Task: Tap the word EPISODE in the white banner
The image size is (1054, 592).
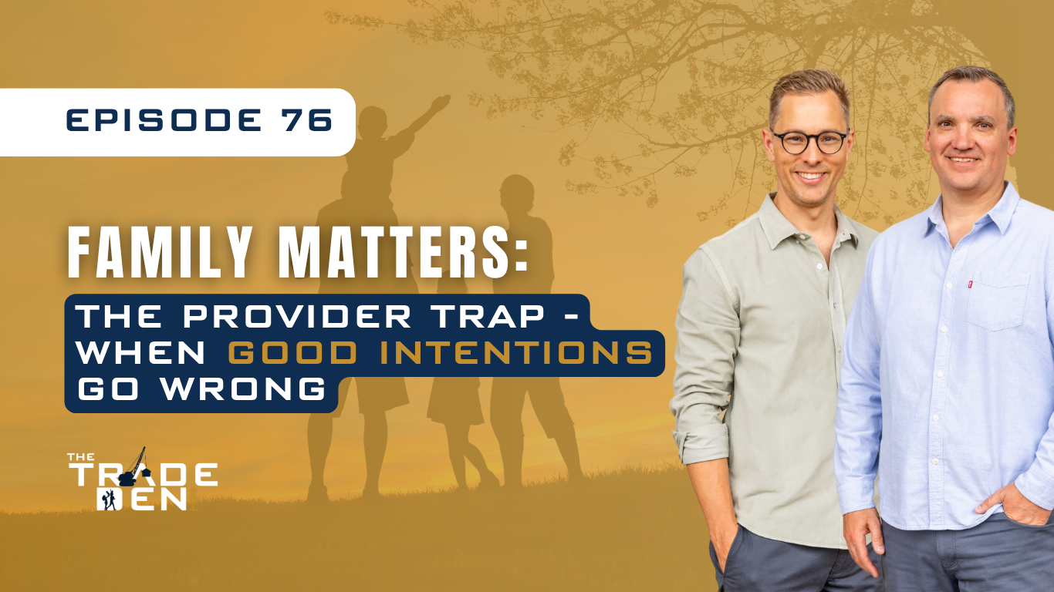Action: pyautogui.click(x=164, y=119)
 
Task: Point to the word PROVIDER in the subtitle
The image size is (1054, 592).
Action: pyautogui.click(x=297, y=316)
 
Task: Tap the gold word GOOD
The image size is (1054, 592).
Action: pyautogui.click(x=292, y=353)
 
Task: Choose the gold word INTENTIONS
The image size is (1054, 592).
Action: pyautogui.click(x=516, y=353)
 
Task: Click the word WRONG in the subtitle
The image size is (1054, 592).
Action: pyautogui.click(x=244, y=388)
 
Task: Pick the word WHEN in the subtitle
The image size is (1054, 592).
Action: pyautogui.click(x=140, y=353)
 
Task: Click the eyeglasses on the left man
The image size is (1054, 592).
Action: pyautogui.click(x=810, y=143)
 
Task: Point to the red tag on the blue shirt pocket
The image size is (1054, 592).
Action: pyautogui.click(x=970, y=284)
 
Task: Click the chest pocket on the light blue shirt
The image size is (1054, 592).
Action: pyautogui.click(x=997, y=303)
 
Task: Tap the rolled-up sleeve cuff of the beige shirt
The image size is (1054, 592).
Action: pyautogui.click(x=702, y=444)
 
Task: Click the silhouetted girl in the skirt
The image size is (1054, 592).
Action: pyautogui.click(x=460, y=376)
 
